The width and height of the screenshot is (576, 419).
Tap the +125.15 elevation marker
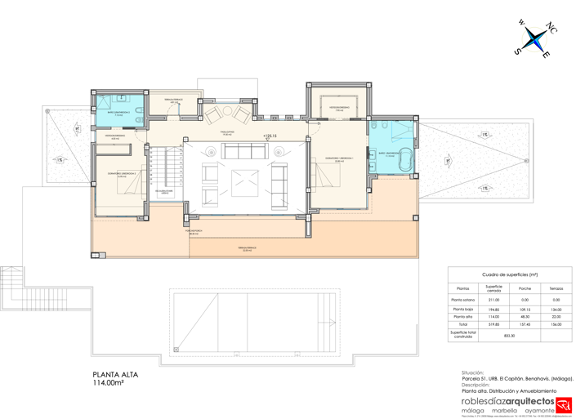269,136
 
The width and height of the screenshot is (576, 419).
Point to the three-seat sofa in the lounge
245,152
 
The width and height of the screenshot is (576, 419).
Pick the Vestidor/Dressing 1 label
339,108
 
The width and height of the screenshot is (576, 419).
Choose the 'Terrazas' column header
556,288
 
